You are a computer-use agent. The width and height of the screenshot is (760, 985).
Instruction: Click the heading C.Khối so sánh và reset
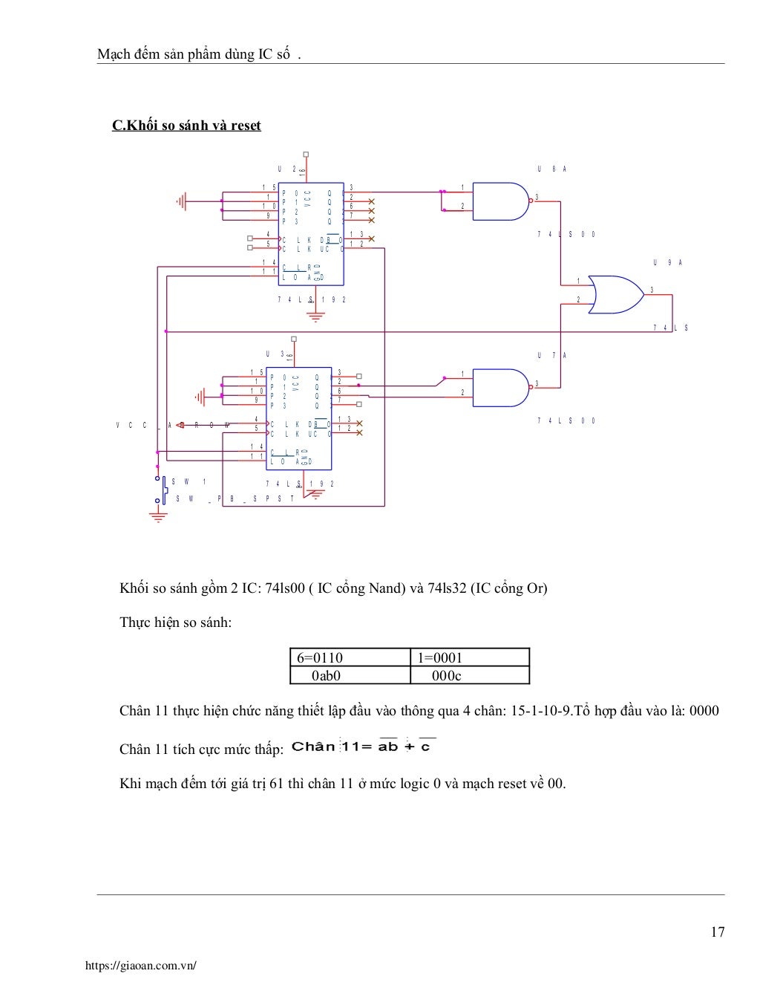(x=186, y=126)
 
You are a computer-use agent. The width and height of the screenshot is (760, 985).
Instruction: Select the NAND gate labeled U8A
(x=500, y=201)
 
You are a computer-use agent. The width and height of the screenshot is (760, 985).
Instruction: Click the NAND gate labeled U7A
(x=500, y=388)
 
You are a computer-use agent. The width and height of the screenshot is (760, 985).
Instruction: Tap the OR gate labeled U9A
(x=615, y=294)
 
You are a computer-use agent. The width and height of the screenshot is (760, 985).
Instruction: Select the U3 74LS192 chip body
(x=299, y=417)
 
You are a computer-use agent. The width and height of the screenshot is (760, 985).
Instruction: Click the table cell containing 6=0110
(x=350, y=657)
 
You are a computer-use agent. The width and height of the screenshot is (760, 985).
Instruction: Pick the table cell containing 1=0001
(x=469, y=657)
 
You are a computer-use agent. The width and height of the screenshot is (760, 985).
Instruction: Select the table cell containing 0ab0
(x=350, y=675)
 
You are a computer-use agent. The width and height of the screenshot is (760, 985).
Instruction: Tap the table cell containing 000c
(x=469, y=675)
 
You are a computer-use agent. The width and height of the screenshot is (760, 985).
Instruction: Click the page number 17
(x=717, y=932)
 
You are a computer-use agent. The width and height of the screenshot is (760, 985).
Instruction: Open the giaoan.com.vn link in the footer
(x=141, y=966)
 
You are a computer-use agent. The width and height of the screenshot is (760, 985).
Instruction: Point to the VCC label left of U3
(x=131, y=426)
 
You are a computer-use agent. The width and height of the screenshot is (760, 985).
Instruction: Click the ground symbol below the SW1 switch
(x=158, y=516)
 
